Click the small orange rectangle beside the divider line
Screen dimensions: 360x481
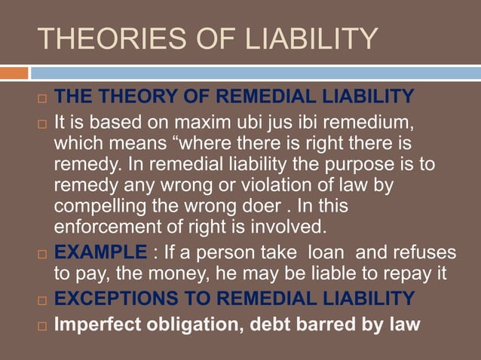[14, 73]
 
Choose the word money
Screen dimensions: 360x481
[169, 273]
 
